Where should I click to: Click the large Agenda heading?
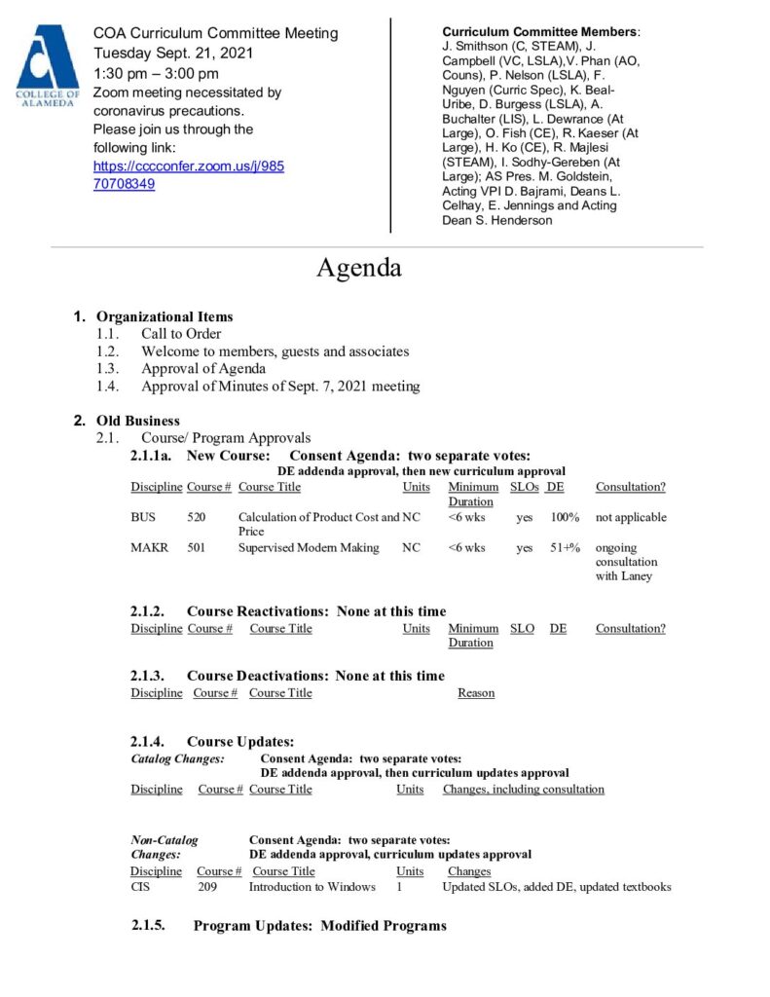pos(358,267)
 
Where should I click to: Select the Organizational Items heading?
pos(165,316)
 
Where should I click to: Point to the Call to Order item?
pos(181,334)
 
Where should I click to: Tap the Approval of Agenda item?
pos(202,369)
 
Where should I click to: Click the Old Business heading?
pos(137,421)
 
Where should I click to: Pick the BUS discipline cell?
pos(143,517)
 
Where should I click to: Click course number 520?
pos(197,517)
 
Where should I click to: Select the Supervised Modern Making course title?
pos(309,548)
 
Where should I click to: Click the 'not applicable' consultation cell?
pos(631,517)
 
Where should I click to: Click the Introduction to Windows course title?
pos(312,887)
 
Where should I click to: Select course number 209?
pos(207,887)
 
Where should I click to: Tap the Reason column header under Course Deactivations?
pos(476,693)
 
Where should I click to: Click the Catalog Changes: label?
pos(178,758)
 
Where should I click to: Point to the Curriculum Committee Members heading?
pos(540,32)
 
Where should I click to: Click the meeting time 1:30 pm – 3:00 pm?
pos(156,73)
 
